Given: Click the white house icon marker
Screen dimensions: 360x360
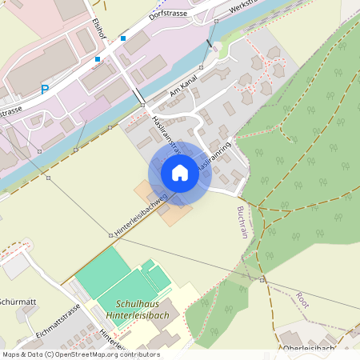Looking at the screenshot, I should coord(180,173).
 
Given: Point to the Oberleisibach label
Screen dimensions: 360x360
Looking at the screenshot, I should coord(309,348).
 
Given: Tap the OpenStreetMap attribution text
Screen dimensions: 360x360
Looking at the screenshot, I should coord(80,354).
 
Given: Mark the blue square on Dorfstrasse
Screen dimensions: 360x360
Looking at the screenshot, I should coord(123,38).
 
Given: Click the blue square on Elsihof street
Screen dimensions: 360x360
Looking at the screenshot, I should coord(98,59).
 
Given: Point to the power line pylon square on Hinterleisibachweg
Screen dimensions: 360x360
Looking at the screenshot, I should coord(111,235).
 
